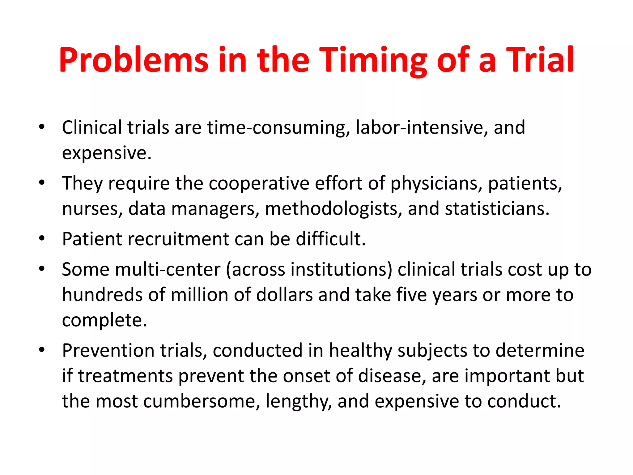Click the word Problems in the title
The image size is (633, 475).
click(x=134, y=60)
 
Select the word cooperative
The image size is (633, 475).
click(x=259, y=183)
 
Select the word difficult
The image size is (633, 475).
click(x=330, y=239)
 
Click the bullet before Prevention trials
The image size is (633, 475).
click(x=42, y=350)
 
